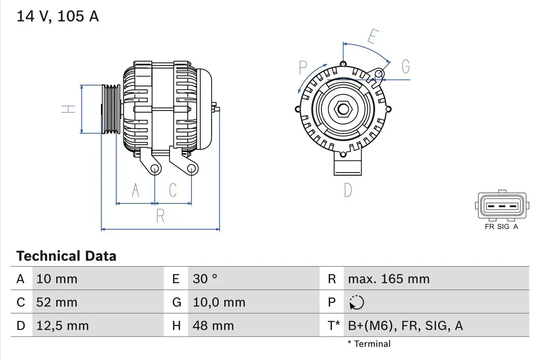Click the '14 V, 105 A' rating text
pyautogui.click(x=58, y=16)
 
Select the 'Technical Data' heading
pyautogui.click(x=66, y=256)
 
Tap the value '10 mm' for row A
pyautogui.click(x=57, y=279)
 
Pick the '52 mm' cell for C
pyautogui.click(x=57, y=302)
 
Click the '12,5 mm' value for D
pyautogui.click(x=62, y=325)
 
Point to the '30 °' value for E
pyautogui.click(x=205, y=279)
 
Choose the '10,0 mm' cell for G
pyautogui.click(x=219, y=302)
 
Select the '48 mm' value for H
pyautogui.click(x=213, y=325)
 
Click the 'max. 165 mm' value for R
pyautogui.click(x=389, y=279)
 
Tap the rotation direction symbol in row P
pyautogui.click(x=356, y=303)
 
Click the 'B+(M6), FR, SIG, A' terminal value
pyautogui.click(x=405, y=325)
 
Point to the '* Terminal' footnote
pyautogui.click(x=369, y=344)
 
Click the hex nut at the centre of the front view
pyautogui.click(x=343, y=109)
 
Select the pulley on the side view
pyautogui.click(x=111, y=109)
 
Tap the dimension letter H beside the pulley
pyautogui.click(x=68, y=108)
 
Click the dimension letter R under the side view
pyautogui.click(x=160, y=216)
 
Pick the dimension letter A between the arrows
pyautogui.click(x=135, y=190)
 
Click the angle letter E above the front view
pyautogui.click(x=372, y=37)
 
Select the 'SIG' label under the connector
pyautogui.click(x=503, y=227)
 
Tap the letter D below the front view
pyautogui.click(x=348, y=190)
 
